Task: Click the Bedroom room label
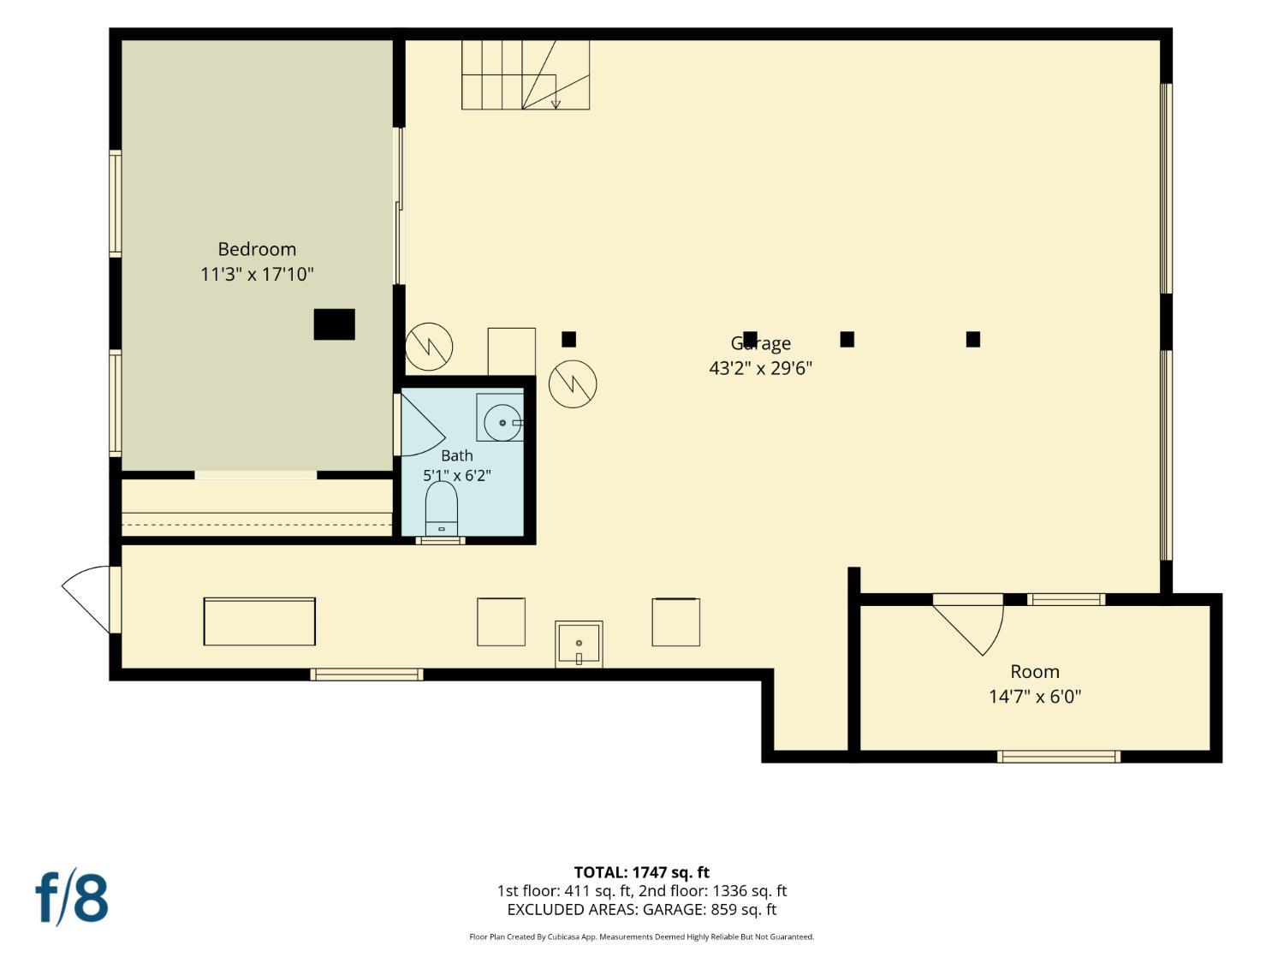257,249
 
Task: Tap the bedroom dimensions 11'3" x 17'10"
257,274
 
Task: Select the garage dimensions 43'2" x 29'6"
760,368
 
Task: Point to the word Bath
457,455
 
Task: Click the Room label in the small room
1035,672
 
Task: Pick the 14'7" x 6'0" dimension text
1035,697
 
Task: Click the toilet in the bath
441,508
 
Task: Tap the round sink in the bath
502,422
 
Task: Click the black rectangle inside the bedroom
334,324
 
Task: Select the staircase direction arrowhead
556,104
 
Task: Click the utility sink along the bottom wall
579,645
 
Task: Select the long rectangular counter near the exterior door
259,621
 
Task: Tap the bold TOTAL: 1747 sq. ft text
642,872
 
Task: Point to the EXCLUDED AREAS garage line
642,909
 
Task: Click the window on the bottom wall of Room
1059,757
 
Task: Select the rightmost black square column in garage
972,339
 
